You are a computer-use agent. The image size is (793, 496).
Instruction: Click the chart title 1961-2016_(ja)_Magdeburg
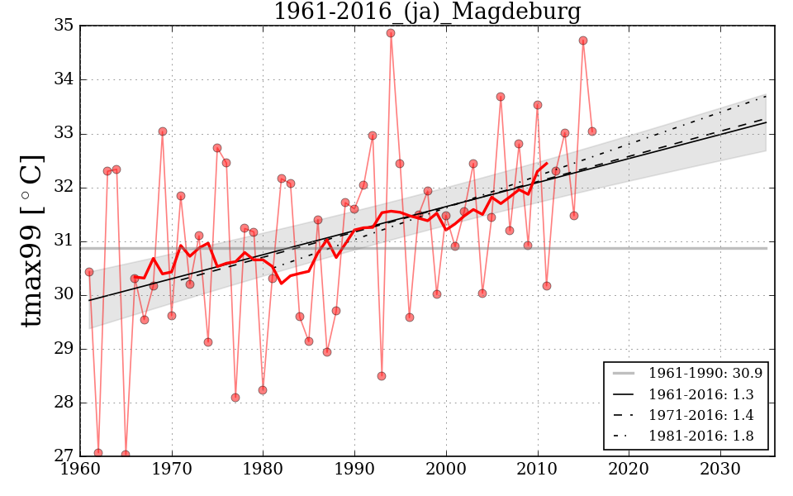point(427,12)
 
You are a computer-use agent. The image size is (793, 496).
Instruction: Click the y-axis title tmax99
point(31,241)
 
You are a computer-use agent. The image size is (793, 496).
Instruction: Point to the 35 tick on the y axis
point(64,26)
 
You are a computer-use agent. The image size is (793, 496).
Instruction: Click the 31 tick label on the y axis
point(64,241)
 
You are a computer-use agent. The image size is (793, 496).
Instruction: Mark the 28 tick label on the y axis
point(64,403)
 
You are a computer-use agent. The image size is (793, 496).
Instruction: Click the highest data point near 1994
point(391,33)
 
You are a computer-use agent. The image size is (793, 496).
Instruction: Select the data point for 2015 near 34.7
point(583,41)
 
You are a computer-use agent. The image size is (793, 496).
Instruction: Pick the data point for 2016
point(592,131)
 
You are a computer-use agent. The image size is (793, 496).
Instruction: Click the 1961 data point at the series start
point(89,272)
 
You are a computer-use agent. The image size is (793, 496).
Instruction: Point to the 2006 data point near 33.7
point(501,97)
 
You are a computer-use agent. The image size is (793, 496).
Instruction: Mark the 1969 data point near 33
point(163,131)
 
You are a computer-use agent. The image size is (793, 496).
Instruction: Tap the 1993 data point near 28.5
point(382,376)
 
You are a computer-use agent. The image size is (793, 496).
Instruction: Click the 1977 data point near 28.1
point(235,398)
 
